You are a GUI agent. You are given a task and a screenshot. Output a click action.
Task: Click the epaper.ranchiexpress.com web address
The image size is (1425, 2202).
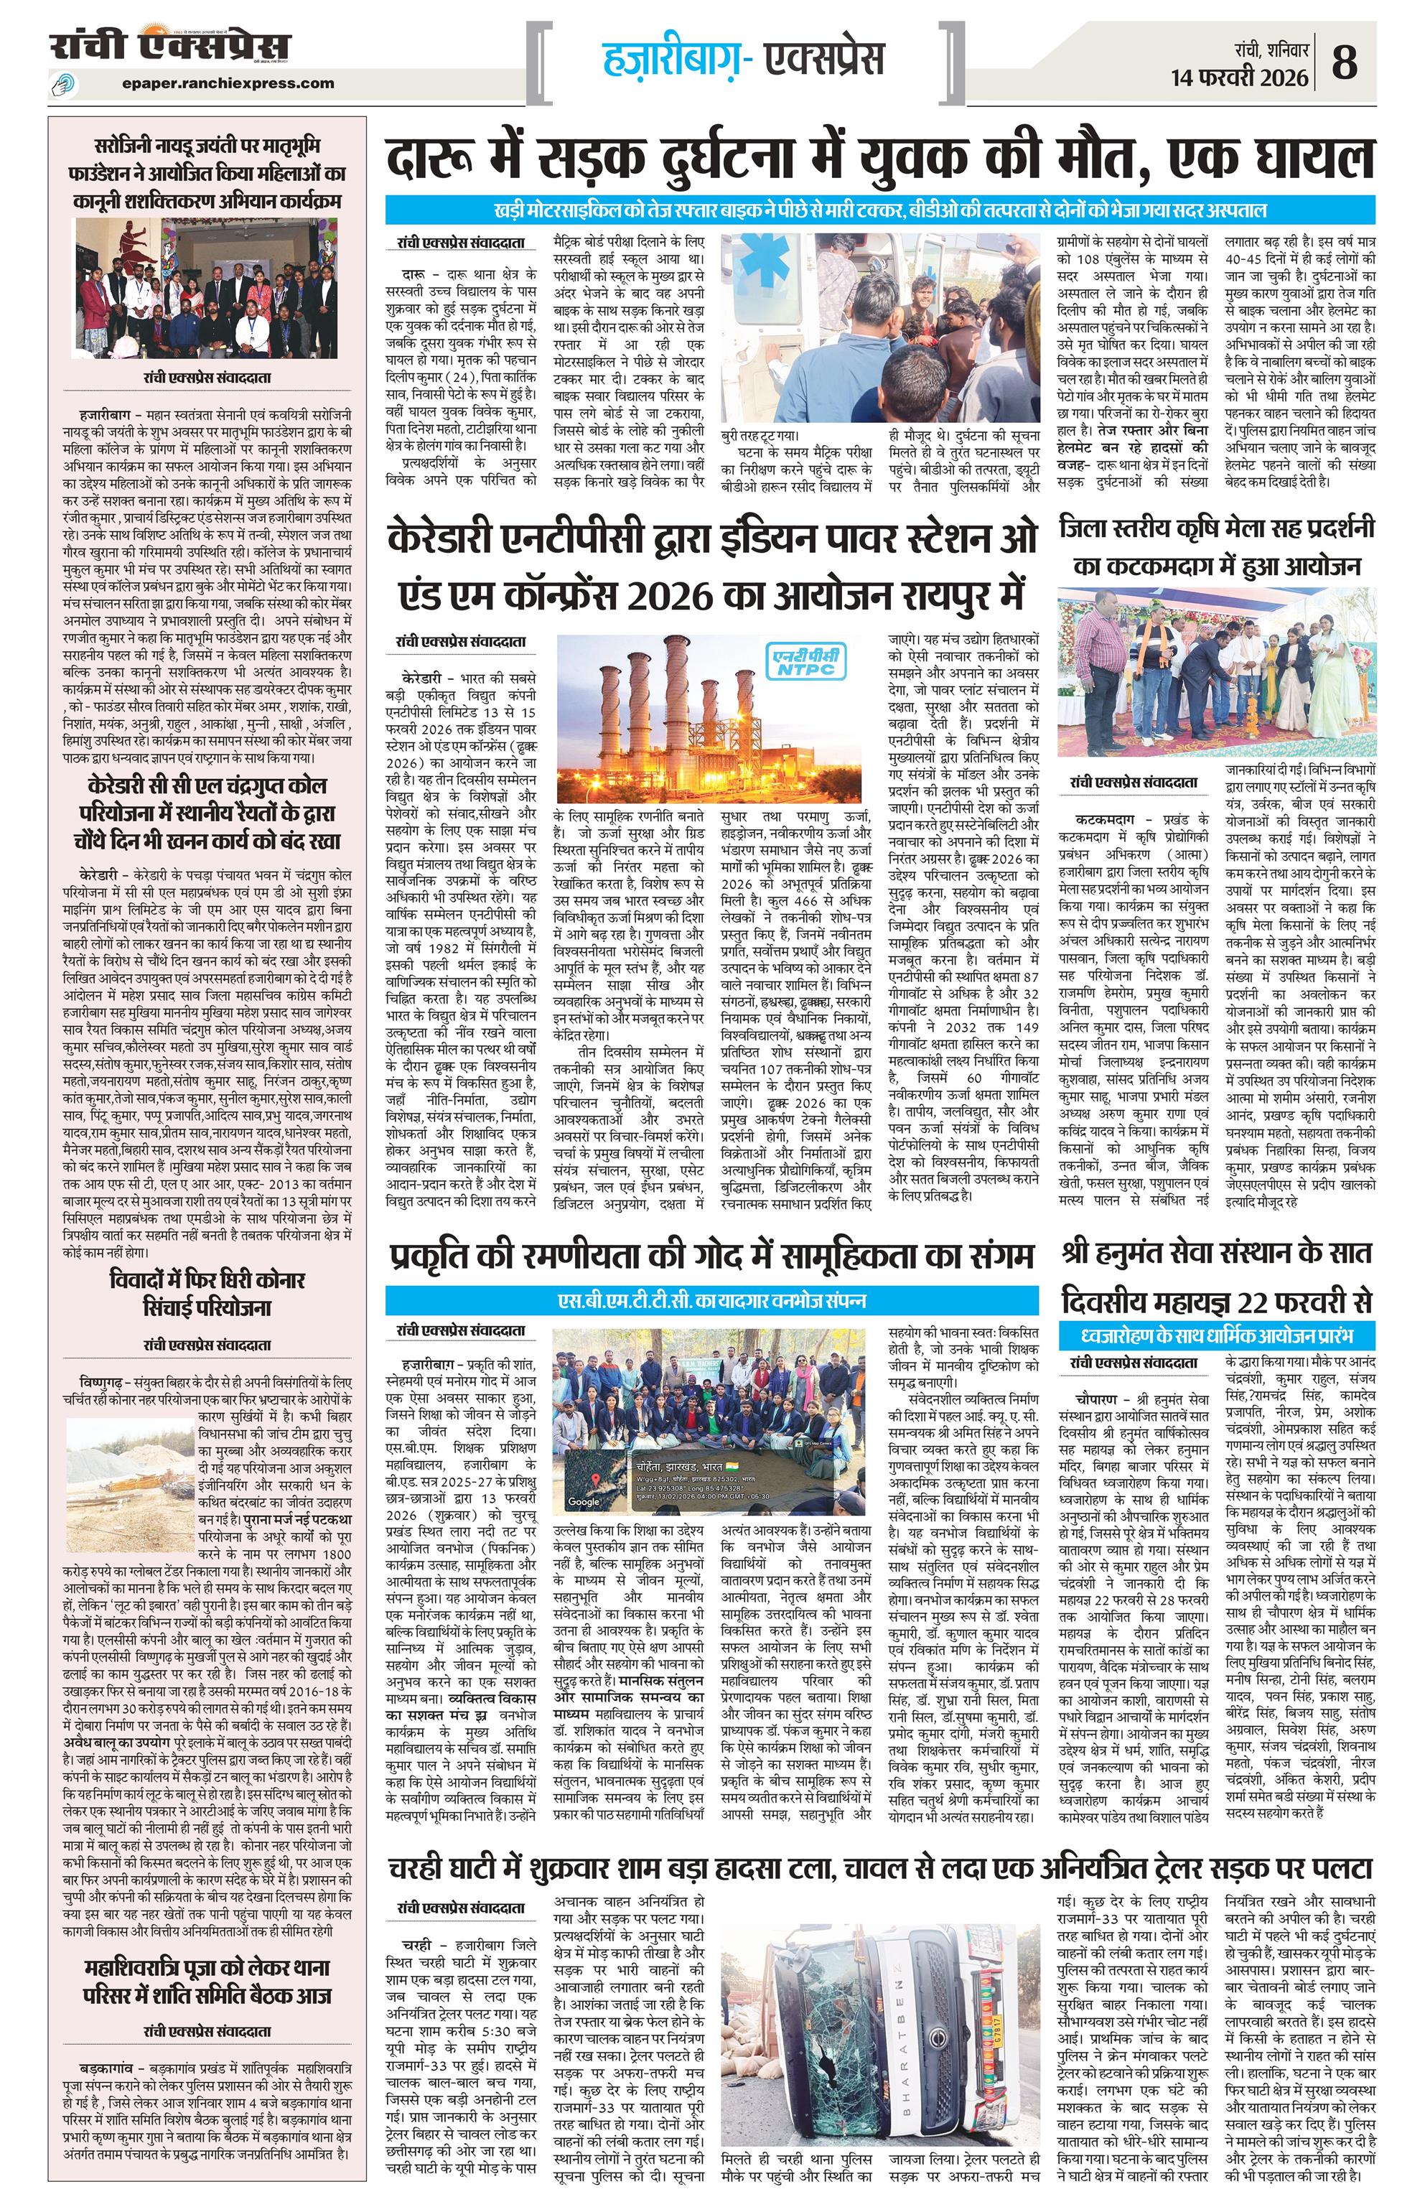point(228,83)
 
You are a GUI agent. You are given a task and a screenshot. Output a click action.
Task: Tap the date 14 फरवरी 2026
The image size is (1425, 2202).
point(1240,78)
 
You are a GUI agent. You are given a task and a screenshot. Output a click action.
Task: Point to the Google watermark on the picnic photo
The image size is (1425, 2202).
point(583,1501)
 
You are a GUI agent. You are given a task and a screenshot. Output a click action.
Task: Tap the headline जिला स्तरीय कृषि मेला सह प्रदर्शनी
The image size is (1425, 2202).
point(1217,546)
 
